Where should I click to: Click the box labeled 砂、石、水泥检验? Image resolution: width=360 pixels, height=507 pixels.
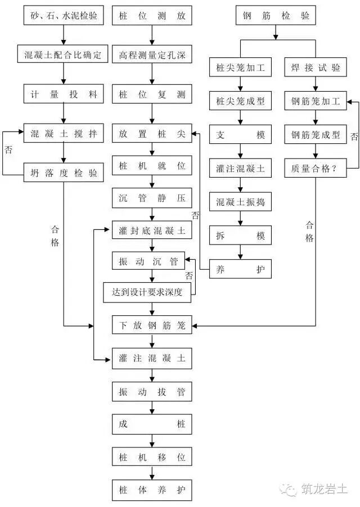point(64,16)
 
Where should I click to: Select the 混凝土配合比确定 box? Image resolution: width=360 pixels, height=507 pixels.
point(64,56)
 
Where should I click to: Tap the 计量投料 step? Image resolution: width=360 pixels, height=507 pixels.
point(64,94)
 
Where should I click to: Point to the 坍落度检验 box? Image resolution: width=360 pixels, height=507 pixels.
point(64,174)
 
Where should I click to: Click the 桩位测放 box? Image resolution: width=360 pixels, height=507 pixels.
point(152,16)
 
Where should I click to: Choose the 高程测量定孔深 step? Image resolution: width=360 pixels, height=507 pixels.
point(152,56)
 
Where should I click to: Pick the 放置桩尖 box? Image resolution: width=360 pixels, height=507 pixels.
point(152,134)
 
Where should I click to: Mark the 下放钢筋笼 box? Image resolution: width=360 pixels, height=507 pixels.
point(152,325)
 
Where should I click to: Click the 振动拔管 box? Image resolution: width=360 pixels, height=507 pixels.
point(152,392)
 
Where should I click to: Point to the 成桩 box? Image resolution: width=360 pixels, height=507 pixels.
point(152,424)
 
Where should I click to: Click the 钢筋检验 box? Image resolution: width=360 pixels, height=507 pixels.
point(276,16)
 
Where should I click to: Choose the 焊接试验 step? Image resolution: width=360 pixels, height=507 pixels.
point(316,69)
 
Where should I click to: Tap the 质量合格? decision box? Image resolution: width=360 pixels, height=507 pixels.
point(316,168)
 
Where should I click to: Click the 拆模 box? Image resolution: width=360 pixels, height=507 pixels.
point(241,236)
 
